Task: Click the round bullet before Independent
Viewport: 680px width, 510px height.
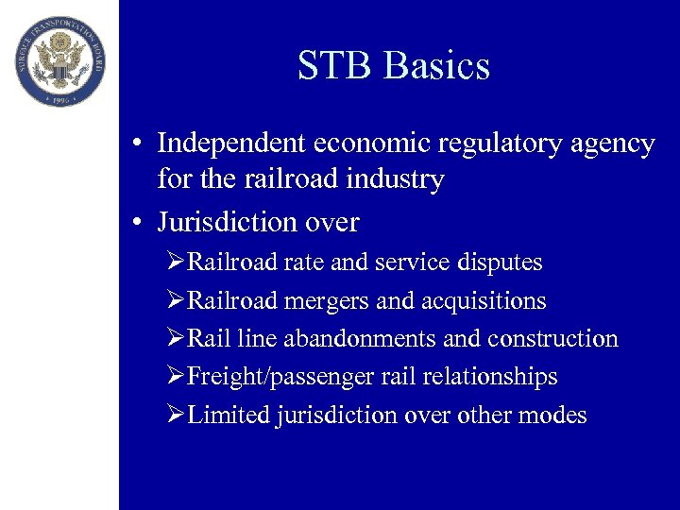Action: tap(138, 144)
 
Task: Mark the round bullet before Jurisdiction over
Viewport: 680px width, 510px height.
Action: tap(138, 223)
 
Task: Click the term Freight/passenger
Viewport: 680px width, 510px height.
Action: tap(266, 377)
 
